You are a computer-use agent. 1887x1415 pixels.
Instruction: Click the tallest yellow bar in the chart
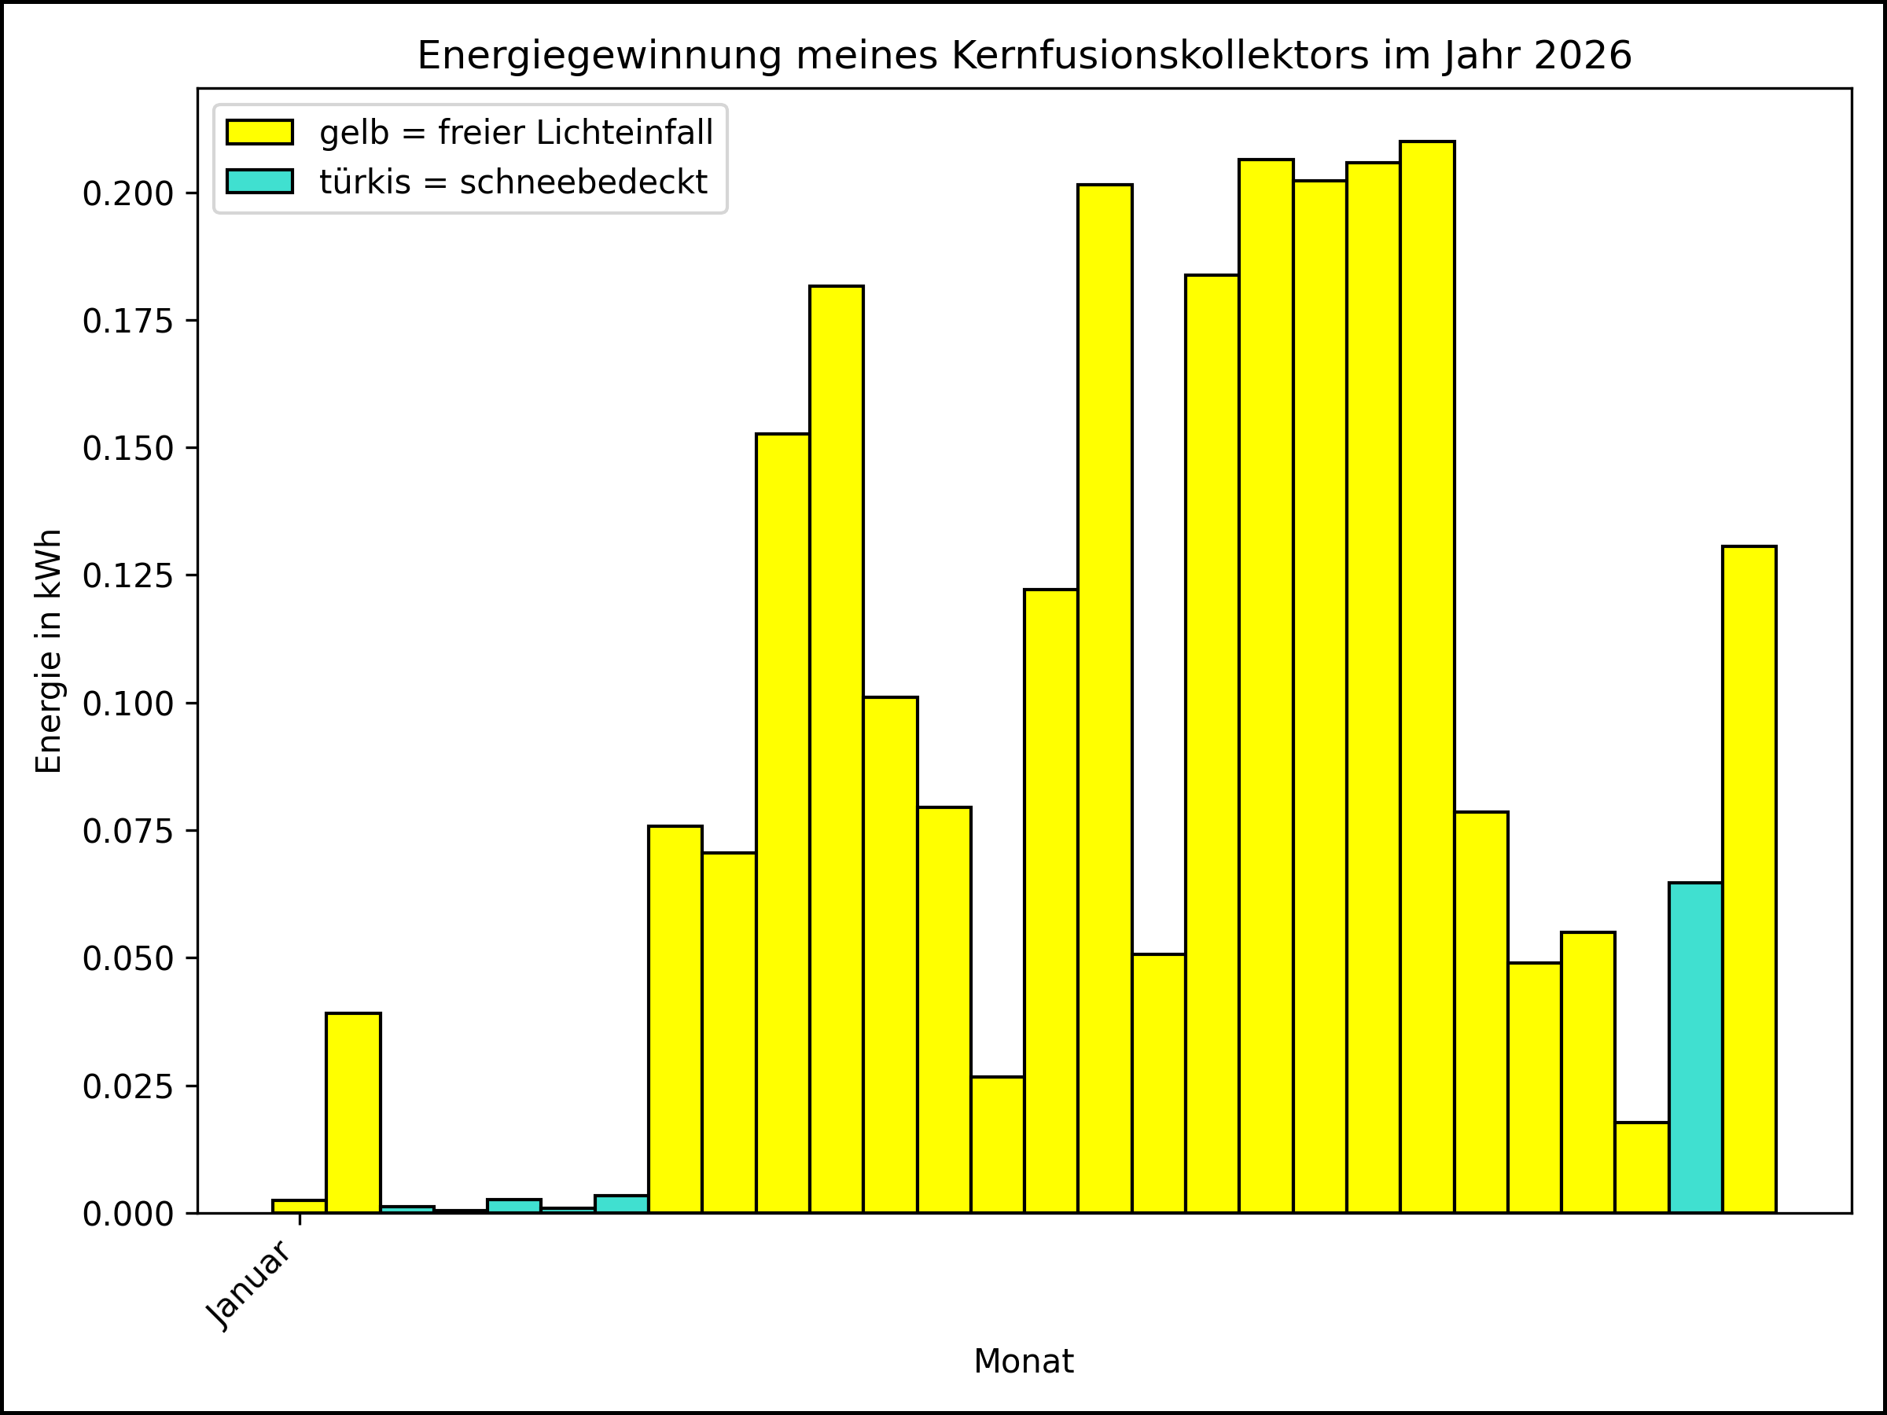(1427, 682)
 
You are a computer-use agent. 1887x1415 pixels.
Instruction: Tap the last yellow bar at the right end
(1749, 879)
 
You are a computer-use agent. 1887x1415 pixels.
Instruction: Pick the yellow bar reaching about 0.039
(353, 1113)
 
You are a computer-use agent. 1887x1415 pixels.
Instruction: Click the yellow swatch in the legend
(259, 132)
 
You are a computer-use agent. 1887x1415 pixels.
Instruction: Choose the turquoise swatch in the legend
(259, 182)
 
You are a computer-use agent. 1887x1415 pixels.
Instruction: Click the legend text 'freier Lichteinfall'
(576, 132)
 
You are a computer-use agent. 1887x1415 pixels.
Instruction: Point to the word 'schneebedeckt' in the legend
(583, 182)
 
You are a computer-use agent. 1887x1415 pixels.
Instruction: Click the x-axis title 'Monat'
(1024, 1362)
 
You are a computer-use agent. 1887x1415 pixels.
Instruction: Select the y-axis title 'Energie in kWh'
(49, 652)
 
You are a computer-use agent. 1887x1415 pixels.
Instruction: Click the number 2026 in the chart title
(1583, 56)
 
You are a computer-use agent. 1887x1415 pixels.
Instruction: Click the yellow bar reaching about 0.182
(836, 751)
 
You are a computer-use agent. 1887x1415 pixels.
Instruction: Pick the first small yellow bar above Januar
(300, 1206)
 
